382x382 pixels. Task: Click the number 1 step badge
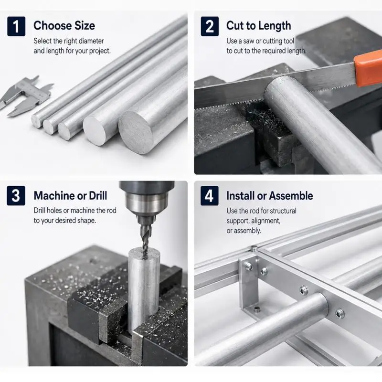[x=16, y=26]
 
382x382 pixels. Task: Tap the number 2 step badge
[x=210, y=26]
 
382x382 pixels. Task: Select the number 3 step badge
[x=16, y=196]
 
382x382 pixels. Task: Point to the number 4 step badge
[x=210, y=196]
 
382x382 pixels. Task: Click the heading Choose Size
[x=64, y=26]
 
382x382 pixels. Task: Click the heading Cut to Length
[x=258, y=26]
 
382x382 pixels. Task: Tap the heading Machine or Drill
[x=70, y=196]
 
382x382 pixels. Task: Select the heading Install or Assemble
[x=270, y=196]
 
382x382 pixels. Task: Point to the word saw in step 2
[x=248, y=41]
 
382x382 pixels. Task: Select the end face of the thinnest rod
[x=36, y=121]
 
